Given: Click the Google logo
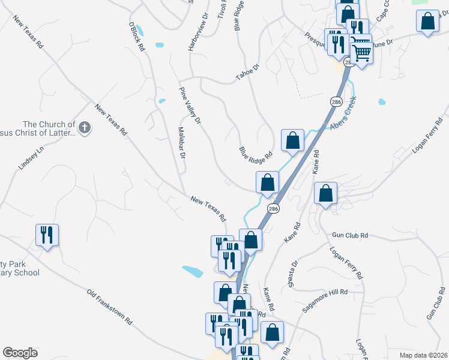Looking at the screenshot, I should (x=20, y=353).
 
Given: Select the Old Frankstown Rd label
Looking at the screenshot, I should (x=109, y=307).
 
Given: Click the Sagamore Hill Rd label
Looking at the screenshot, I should (x=325, y=299).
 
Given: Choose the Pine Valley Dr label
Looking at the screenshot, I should (x=190, y=105).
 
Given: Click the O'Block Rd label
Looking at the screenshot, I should (x=136, y=37).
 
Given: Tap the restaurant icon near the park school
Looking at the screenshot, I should (x=47, y=235).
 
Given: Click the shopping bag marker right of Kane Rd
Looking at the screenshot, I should (x=325, y=194).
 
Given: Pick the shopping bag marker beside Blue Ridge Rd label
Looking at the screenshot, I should (x=292, y=140).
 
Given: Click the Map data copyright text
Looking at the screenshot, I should (x=423, y=355).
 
